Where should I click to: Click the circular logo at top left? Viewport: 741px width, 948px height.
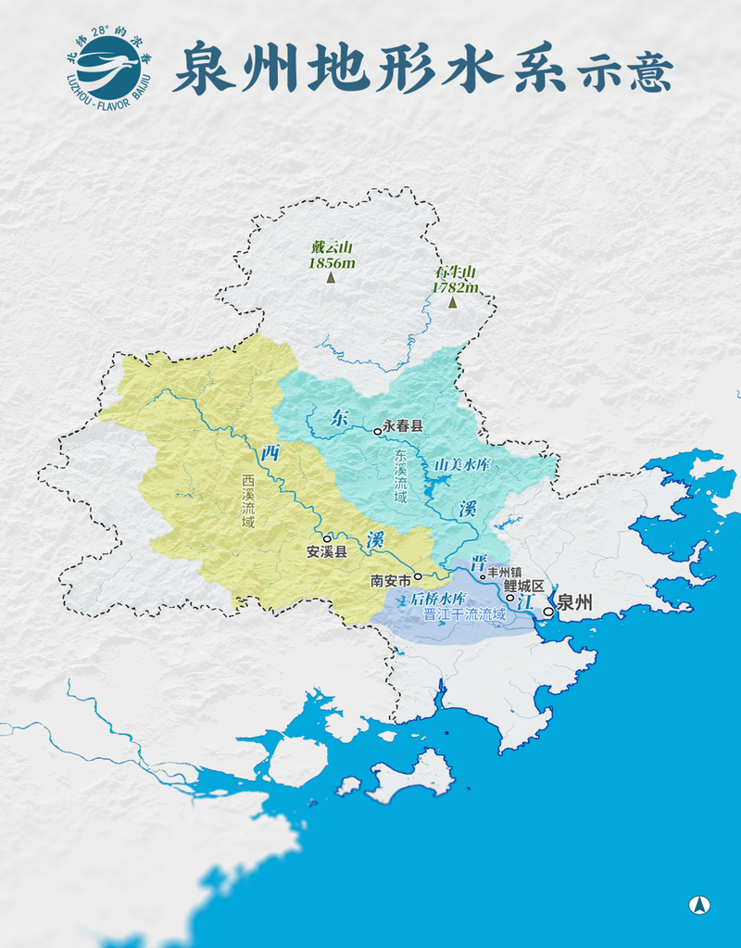[x=109, y=68]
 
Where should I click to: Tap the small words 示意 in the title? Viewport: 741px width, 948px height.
[x=623, y=73]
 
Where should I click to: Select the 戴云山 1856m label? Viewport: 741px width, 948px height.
[x=332, y=255]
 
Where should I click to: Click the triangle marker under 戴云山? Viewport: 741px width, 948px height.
[x=331, y=276]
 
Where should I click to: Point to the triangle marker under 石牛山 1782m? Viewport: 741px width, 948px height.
[x=452, y=302]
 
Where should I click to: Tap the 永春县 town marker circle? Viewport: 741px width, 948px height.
[x=378, y=431]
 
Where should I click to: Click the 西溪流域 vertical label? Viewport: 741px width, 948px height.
[x=248, y=502]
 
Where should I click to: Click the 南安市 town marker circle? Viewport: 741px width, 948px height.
[x=418, y=576]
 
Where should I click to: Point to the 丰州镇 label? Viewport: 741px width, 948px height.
[x=504, y=573]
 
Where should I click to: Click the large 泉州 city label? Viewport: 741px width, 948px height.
[x=574, y=603]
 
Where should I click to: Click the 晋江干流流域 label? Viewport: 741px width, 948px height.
[x=463, y=614]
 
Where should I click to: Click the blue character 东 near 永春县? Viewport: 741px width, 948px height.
[x=339, y=418]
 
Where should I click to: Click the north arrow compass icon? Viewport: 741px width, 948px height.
[x=700, y=904]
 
